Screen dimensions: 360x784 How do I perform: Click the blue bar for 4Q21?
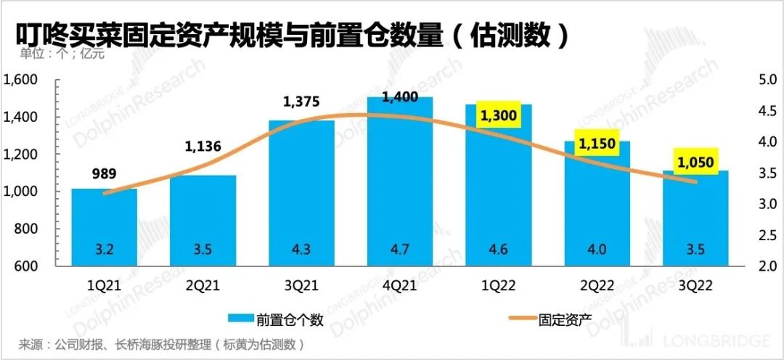pos(399,181)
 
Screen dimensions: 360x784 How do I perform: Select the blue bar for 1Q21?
pos(104,225)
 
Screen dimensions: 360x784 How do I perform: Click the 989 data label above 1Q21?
pos(104,173)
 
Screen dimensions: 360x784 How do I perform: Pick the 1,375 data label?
pos(301,102)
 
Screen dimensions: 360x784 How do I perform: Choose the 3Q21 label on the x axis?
pos(301,286)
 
